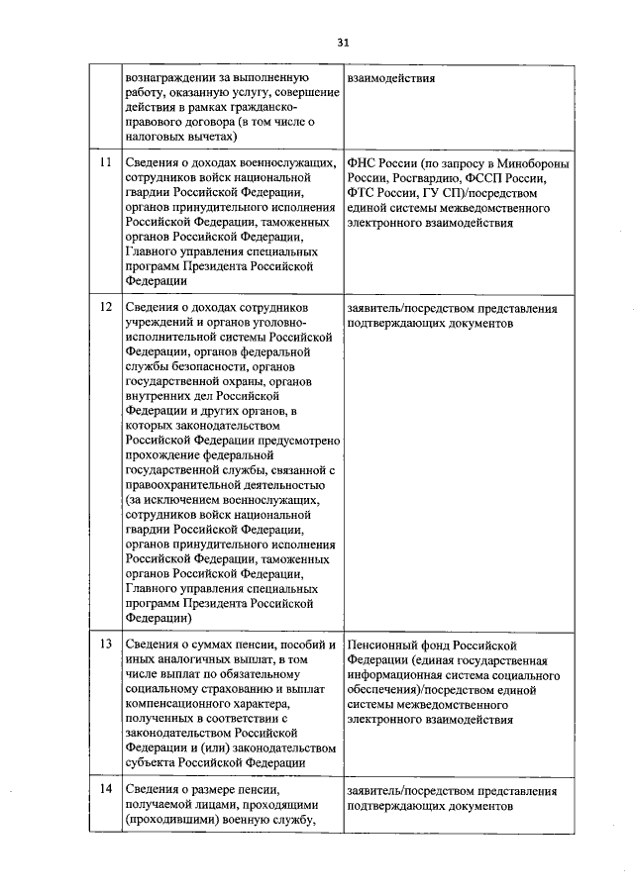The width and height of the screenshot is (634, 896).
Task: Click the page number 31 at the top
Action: [x=343, y=43]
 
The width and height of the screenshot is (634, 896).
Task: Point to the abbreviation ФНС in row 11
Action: [x=364, y=162]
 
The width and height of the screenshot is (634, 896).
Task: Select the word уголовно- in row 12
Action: [x=281, y=323]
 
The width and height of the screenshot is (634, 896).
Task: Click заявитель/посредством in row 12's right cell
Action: [x=412, y=308]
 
